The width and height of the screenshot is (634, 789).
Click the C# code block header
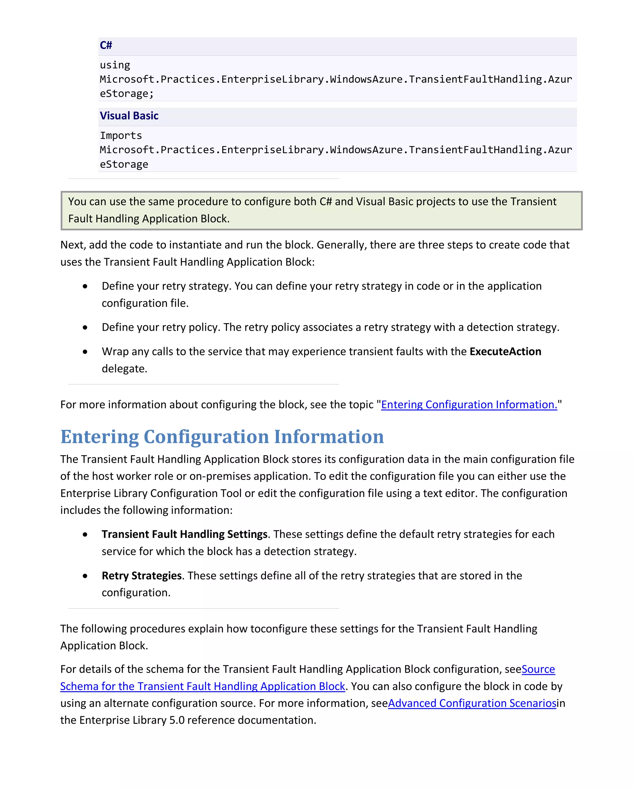point(106,45)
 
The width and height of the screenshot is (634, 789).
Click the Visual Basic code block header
point(129,116)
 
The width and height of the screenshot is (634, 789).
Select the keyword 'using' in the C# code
point(115,65)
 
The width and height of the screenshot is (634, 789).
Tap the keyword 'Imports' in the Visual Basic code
point(121,136)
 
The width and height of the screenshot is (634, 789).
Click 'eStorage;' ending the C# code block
point(127,94)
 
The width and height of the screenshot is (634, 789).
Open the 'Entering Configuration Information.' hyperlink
point(469,404)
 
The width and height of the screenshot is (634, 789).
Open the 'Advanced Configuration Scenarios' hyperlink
point(472,703)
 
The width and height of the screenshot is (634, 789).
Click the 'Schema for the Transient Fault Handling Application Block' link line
point(202,686)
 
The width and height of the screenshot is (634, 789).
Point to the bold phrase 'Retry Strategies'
point(141,576)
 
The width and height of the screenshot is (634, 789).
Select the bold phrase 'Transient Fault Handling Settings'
point(185,534)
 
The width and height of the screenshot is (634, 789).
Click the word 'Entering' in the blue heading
point(100,437)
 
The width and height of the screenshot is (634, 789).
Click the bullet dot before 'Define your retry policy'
point(85,328)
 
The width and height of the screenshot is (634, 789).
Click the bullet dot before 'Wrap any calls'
point(85,352)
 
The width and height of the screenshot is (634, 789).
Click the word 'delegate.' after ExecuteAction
point(124,369)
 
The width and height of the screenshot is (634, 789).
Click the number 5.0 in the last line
point(177,720)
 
